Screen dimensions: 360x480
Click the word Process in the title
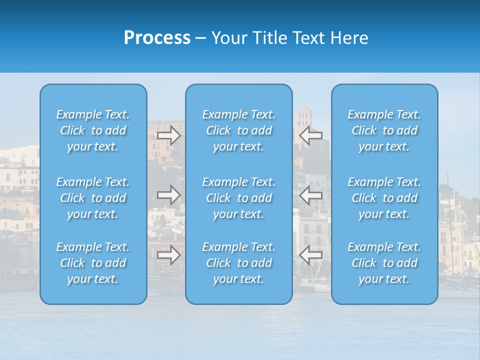157,38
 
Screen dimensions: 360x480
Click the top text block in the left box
93,130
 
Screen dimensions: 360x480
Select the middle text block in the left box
93,198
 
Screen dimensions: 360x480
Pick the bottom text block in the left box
93,263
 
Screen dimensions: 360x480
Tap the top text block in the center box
238,130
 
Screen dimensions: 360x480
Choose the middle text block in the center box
238,198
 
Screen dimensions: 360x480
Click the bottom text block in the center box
238,263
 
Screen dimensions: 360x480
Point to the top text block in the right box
384,130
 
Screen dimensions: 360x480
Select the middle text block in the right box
384,198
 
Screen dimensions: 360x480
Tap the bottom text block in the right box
384,263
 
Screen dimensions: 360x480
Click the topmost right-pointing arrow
169,135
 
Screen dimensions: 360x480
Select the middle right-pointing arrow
169,195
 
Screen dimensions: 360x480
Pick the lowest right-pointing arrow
169,255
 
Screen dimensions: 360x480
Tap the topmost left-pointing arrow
311,135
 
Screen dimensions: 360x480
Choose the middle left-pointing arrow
311,195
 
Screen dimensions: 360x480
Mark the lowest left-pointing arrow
311,255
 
